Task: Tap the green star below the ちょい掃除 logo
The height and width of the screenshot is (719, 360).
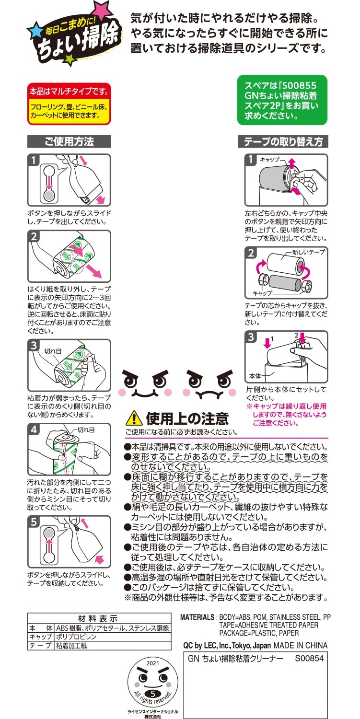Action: [x=69, y=59]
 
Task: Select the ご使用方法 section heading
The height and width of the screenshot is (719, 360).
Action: [x=69, y=141]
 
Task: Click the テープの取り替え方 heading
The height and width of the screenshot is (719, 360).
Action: [x=283, y=141]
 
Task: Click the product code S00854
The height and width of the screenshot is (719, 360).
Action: [x=309, y=659]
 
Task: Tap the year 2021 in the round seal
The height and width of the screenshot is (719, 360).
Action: [x=152, y=663]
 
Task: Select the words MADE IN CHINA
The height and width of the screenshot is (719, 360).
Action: [x=301, y=645]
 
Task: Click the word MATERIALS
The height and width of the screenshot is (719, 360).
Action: [x=197, y=617]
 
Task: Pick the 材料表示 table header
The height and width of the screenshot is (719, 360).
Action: [x=98, y=618]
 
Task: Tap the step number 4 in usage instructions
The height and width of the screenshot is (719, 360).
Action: [x=34, y=429]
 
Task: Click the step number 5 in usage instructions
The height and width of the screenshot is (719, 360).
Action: [x=34, y=522]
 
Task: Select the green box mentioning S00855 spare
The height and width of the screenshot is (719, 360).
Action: [x=282, y=100]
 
